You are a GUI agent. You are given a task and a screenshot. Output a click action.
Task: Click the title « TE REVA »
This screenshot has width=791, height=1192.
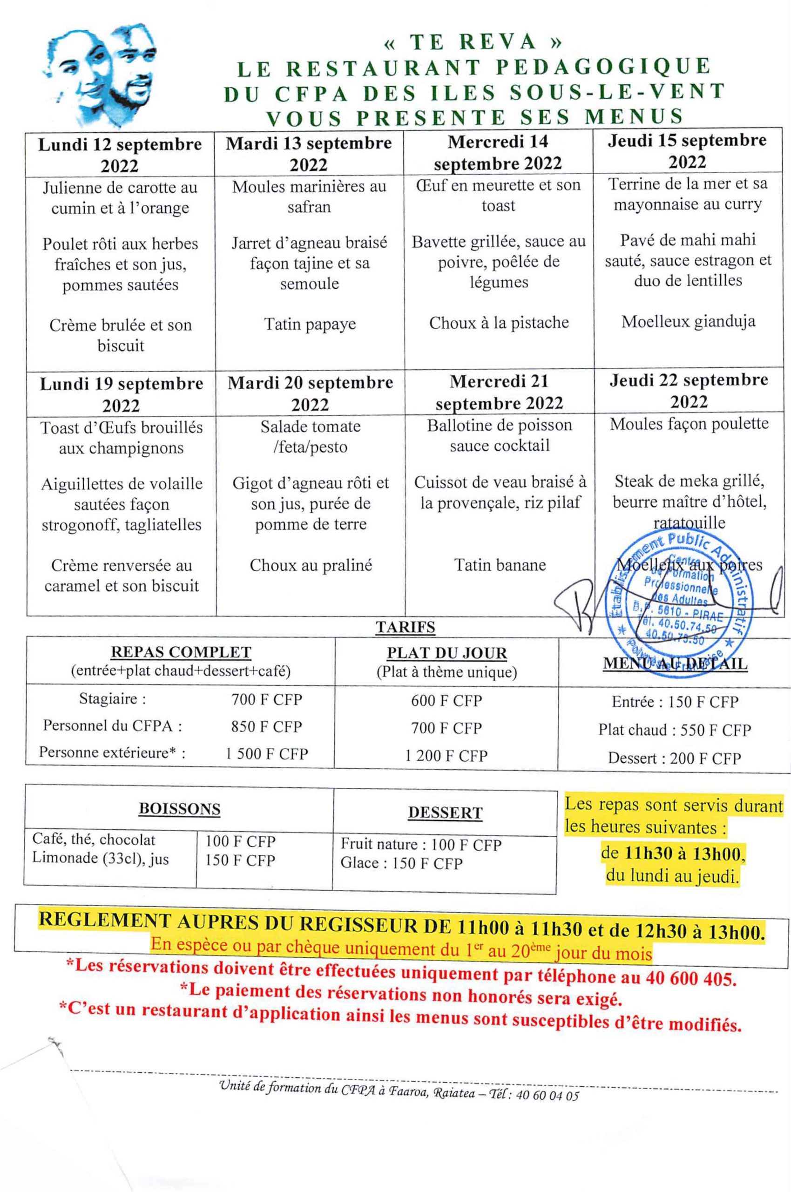[x=473, y=43]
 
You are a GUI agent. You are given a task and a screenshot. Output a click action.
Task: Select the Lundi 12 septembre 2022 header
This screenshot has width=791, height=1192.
[x=120, y=155]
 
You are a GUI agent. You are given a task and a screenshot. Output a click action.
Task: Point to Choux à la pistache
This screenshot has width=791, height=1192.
[x=499, y=323]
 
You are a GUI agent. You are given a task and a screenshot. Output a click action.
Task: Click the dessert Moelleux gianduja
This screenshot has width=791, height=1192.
[x=688, y=321]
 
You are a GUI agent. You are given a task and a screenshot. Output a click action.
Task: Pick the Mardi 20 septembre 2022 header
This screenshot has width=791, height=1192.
[x=310, y=393]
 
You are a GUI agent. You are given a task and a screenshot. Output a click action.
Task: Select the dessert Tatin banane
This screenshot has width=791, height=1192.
[x=500, y=564]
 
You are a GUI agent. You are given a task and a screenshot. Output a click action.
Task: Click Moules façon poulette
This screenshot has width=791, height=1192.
[x=689, y=424]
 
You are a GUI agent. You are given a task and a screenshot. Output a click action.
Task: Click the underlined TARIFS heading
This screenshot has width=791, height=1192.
[x=405, y=627]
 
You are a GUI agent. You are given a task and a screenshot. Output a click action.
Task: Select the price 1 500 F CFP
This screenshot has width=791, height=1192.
[x=266, y=754]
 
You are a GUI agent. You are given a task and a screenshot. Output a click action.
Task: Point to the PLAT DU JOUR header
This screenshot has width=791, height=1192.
[x=446, y=653]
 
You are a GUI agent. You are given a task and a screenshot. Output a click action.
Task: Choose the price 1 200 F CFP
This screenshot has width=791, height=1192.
[x=446, y=756]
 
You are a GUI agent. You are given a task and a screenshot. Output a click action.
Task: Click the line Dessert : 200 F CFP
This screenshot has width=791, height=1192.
[x=675, y=758]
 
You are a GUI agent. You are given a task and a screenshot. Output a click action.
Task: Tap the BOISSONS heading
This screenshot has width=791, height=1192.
[x=180, y=810]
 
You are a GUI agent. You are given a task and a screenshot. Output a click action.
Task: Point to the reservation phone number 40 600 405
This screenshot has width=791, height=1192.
[x=689, y=979]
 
